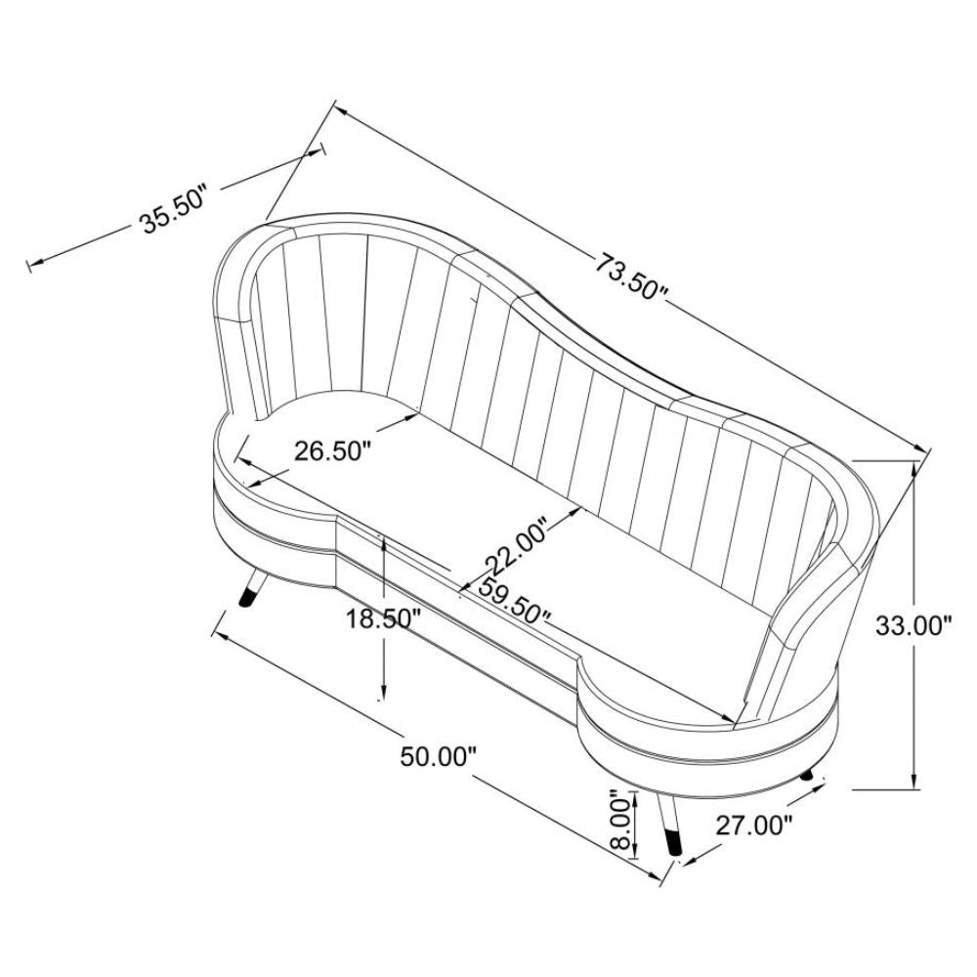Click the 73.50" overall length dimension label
point(630,276)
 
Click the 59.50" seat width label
point(513,600)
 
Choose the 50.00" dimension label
point(438,757)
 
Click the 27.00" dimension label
point(753,826)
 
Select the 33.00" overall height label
point(914,625)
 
